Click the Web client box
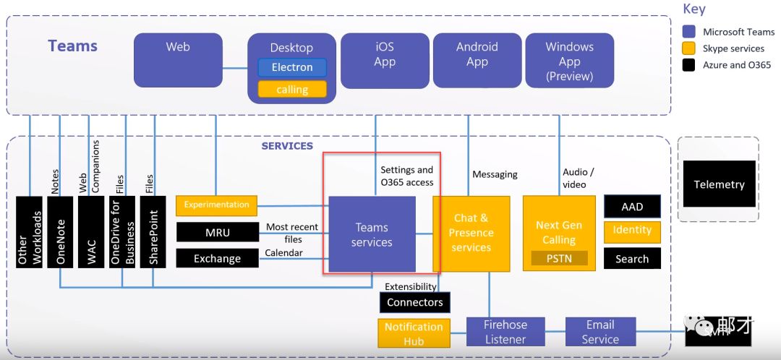point(178,59)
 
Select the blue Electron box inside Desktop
point(292,68)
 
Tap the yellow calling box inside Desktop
point(292,90)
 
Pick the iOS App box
point(385,59)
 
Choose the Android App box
point(477,59)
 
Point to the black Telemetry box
point(719,184)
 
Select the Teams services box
point(372,234)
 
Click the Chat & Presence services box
point(471,233)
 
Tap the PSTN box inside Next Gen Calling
point(559,257)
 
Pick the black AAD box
point(632,207)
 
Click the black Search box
point(632,259)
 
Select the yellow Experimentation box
point(217,205)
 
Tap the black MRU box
point(217,232)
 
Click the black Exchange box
point(217,258)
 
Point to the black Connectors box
point(415,302)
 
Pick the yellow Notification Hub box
point(414,333)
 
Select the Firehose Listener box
point(505,332)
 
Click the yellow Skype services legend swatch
point(689,48)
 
